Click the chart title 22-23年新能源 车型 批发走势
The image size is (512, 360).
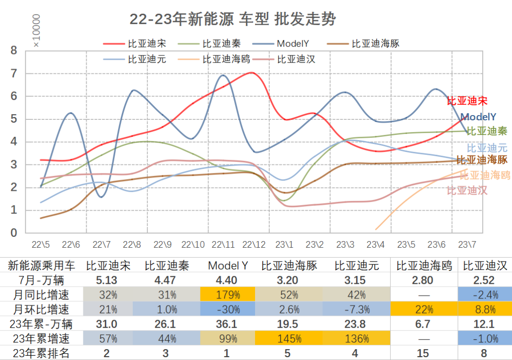232,19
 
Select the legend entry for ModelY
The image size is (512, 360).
293,44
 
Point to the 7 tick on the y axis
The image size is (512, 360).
14,73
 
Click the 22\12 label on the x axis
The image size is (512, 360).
254,245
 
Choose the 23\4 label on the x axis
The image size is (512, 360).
375,245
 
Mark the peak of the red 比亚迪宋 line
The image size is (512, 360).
252,73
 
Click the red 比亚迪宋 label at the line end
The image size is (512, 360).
467,101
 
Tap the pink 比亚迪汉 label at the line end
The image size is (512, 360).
467,190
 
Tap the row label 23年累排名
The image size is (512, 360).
41,353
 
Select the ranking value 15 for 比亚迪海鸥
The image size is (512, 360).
422,353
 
